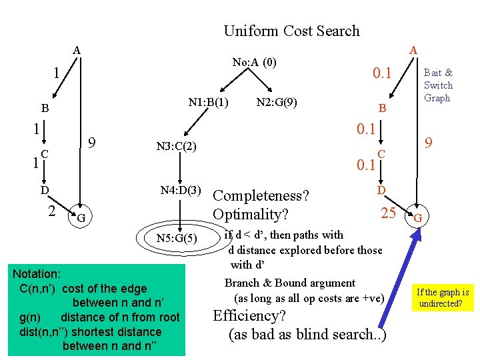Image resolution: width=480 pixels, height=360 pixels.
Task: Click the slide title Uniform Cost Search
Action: point(291,31)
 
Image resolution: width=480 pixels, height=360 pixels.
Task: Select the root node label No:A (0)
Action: point(254,63)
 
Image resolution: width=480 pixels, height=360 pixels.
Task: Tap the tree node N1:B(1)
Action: point(209,103)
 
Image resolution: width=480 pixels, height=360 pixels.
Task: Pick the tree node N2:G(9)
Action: point(276,103)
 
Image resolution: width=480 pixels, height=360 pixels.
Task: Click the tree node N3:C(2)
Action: point(176,146)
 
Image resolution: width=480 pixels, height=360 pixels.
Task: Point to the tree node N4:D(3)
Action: point(181,190)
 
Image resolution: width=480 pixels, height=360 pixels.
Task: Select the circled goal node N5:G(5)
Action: point(176,238)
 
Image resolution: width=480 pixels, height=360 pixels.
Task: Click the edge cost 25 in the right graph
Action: point(388,213)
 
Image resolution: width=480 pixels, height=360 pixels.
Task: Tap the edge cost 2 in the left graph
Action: point(51,211)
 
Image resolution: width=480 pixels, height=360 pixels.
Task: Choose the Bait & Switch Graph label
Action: point(438,85)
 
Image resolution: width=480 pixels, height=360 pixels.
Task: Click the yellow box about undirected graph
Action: point(443,298)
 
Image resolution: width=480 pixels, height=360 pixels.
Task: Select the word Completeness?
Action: point(261,196)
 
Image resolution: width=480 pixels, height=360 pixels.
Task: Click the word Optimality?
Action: point(250,215)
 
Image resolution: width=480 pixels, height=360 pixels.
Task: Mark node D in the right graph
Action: point(381,191)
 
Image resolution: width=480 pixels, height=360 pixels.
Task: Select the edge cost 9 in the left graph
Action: point(94,143)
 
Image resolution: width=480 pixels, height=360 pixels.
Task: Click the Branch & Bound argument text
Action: point(290,283)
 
